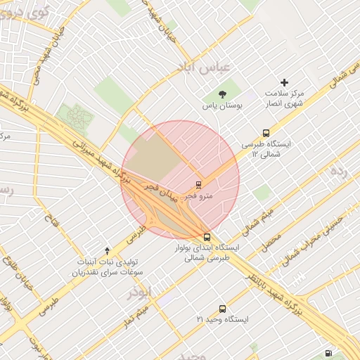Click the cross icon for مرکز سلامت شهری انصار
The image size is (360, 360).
tap(285, 82)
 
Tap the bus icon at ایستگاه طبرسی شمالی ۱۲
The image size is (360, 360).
tap(266, 132)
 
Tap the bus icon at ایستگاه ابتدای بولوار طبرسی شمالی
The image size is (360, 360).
tap(206, 237)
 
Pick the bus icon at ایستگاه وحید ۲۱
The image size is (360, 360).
tap(223, 308)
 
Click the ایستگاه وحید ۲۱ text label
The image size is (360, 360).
tap(223, 320)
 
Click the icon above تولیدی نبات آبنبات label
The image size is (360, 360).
tap(107, 250)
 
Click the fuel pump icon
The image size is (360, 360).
tap(328, 353)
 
